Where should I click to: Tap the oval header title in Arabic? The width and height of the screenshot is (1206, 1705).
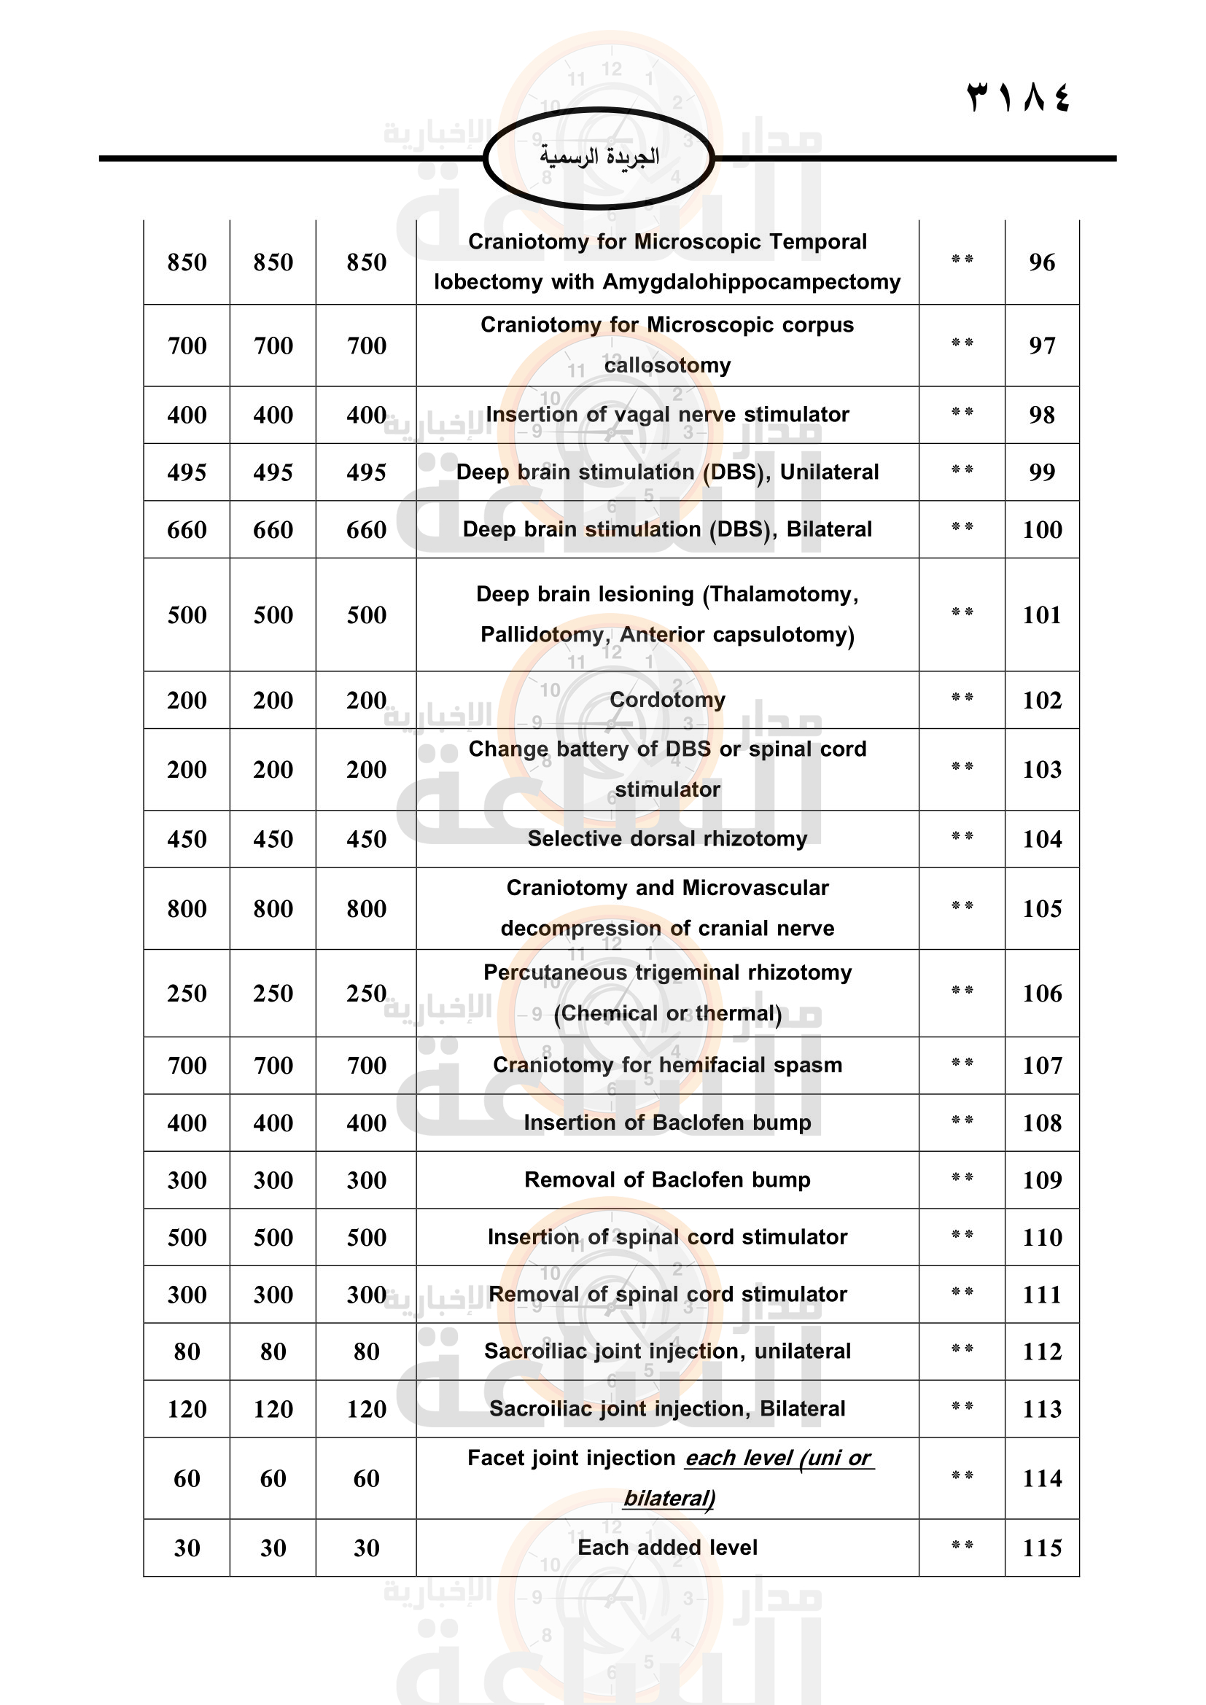[x=599, y=157]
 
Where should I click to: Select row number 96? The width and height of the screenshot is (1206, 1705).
[x=1041, y=262]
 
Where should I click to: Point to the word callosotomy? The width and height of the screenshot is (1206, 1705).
[x=667, y=365]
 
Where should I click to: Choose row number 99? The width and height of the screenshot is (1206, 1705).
[x=1041, y=472]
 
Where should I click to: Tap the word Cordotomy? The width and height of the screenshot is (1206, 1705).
[x=667, y=700]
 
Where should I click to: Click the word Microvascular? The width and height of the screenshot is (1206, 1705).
[x=755, y=888]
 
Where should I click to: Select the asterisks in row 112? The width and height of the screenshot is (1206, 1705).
[x=962, y=1350]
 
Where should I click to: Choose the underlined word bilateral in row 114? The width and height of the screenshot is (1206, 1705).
[x=669, y=1498]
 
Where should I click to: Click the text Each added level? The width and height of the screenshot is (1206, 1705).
[x=667, y=1548]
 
